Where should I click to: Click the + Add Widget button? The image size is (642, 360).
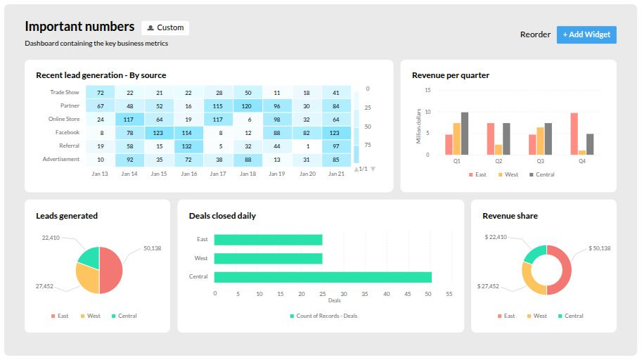coord(586,34)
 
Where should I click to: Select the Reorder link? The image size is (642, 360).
coord(535,34)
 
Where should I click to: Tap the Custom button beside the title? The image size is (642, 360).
coord(165,28)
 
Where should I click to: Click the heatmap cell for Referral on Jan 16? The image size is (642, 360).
coord(188,146)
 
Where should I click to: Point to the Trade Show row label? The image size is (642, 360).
coord(65,92)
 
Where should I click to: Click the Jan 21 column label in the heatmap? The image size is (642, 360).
coord(336,174)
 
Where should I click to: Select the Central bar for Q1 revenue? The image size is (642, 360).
coord(465,134)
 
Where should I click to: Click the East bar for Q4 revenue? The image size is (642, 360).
coord(574,134)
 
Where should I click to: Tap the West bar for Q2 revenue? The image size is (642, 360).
coord(499,150)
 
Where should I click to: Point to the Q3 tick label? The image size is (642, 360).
coord(540,161)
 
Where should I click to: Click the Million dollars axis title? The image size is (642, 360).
coord(419,127)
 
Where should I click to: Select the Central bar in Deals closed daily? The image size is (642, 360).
coord(323,277)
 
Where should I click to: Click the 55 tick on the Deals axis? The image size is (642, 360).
coord(449,294)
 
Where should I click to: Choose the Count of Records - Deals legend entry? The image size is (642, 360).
coord(324,316)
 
